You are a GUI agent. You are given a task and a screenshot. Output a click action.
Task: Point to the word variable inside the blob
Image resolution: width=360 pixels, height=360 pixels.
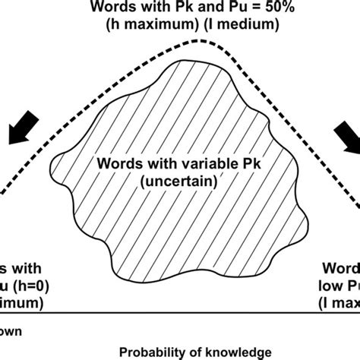171,165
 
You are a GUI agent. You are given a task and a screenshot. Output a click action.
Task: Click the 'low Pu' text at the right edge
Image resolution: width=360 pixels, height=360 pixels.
337,286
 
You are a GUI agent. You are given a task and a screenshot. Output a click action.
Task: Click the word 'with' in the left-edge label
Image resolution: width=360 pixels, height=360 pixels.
27,269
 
